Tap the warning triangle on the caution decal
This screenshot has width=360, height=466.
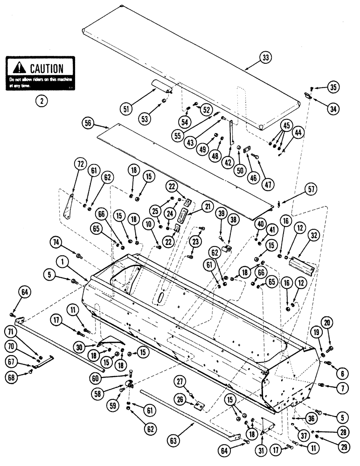(19, 68)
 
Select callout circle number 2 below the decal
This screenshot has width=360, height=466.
(41, 100)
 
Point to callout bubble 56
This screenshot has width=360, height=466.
(88, 123)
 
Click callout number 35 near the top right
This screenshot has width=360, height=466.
(333, 87)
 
